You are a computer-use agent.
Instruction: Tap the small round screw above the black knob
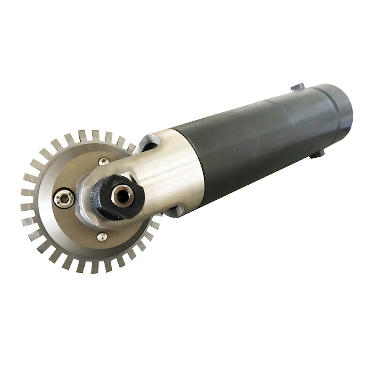click(104, 161)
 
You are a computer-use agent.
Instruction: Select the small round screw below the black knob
click(102, 237)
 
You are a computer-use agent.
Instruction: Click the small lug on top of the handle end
click(297, 87)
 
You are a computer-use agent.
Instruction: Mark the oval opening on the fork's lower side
click(174, 211)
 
